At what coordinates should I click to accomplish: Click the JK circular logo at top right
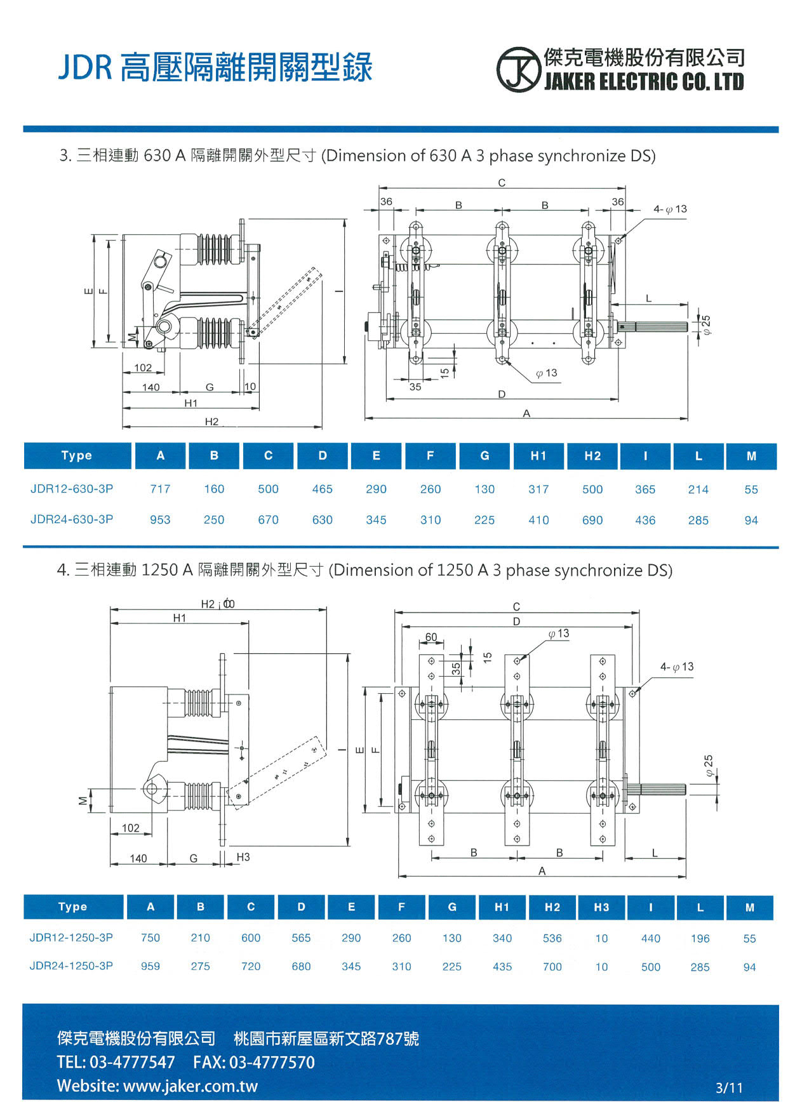(x=518, y=70)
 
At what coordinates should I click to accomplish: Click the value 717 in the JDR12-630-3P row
(x=160, y=489)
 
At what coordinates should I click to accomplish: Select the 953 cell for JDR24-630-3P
(x=160, y=519)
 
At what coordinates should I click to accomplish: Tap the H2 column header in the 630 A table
(x=592, y=456)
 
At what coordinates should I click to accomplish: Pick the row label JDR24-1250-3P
(x=71, y=965)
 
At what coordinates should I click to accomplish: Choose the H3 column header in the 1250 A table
(x=601, y=907)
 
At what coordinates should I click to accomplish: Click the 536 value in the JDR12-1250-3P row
(x=552, y=938)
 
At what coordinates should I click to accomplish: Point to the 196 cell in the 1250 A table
(x=700, y=938)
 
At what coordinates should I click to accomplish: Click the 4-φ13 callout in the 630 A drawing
(x=671, y=209)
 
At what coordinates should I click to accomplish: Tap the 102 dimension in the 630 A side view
(x=143, y=368)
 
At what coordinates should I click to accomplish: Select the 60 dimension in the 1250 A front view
(x=431, y=637)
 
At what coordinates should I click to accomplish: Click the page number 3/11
(x=729, y=1087)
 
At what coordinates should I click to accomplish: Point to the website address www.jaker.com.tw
(x=190, y=1085)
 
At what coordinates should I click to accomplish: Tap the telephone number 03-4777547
(x=132, y=1062)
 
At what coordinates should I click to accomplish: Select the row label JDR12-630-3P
(x=72, y=489)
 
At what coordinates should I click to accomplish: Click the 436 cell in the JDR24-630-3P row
(x=645, y=520)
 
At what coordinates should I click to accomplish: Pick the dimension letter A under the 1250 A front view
(x=542, y=871)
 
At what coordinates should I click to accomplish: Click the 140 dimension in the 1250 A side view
(x=138, y=858)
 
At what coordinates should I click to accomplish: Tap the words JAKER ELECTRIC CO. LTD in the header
(x=643, y=81)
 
